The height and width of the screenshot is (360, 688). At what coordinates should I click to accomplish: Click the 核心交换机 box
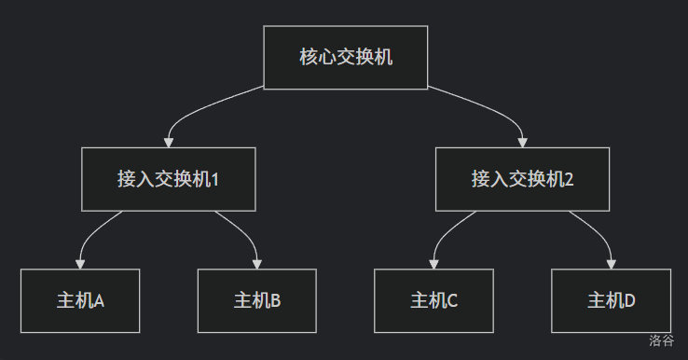tap(346, 58)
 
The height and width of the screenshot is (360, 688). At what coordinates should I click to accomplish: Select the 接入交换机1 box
tap(169, 179)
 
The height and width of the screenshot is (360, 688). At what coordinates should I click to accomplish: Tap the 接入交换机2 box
tap(522, 179)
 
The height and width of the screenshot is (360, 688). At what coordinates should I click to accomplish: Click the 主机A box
tap(80, 300)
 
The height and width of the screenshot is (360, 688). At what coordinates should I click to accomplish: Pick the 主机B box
tap(257, 300)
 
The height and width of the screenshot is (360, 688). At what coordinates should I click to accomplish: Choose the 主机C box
tap(433, 300)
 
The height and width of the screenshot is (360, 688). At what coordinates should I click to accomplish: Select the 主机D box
tap(612, 300)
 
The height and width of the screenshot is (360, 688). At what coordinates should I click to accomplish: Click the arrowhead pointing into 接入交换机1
tap(169, 143)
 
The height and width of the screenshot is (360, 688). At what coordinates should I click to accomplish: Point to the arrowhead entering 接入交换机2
tap(522, 143)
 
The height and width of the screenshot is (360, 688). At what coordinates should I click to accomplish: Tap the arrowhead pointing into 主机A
tap(80, 264)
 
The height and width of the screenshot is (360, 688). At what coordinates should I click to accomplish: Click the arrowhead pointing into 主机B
tap(257, 264)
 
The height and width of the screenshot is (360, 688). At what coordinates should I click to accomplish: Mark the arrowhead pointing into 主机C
tap(433, 264)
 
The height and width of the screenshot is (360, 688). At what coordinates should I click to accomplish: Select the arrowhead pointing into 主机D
tap(612, 264)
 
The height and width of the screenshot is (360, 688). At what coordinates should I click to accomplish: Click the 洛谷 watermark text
tap(662, 340)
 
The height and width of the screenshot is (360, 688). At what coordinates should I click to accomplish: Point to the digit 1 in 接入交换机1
tap(215, 180)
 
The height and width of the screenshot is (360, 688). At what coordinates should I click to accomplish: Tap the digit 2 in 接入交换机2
tap(569, 180)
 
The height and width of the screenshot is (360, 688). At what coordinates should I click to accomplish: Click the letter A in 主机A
tap(99, 301)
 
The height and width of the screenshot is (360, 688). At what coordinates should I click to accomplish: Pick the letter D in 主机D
tap(629, 301)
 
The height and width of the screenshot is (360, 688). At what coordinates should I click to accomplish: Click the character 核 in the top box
tap(309, 57)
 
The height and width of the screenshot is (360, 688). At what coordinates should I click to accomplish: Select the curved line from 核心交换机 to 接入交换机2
tap(492, 108)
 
